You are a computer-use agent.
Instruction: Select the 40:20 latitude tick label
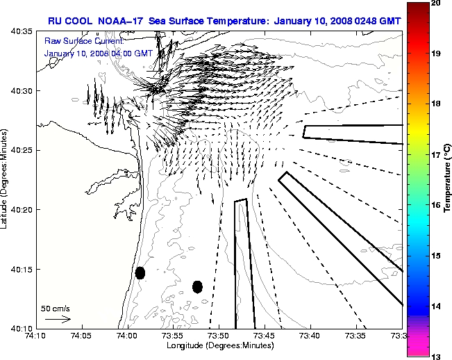point(21,210)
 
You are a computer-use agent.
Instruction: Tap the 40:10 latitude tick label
point(21,328)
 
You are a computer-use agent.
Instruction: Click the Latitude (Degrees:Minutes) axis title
point(6,180)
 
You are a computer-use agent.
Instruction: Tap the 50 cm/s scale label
point(56,308)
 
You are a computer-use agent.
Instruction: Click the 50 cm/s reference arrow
point(58,319)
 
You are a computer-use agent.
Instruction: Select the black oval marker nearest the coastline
point(140,272)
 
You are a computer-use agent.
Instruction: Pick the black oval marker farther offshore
point(197,286)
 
